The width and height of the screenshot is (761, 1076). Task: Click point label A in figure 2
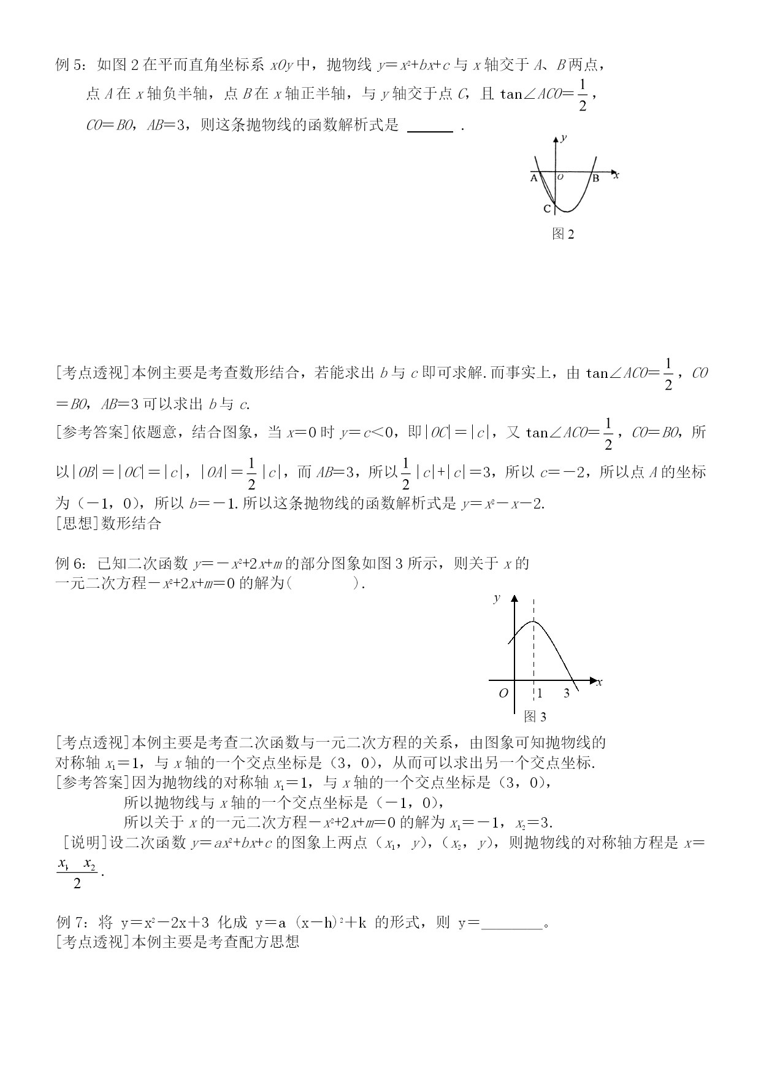pyautogui.click(x=533, y=179)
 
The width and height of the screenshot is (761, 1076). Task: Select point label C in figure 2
pyautogui.click(x=547, y=209)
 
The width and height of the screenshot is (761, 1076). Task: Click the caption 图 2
pyautogui.click(x=563, y=234)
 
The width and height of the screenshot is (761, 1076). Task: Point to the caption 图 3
pyautogui.click(x=535, y=717)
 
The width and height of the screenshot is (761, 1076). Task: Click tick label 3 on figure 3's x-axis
pyautogui.click(x=567, y=693)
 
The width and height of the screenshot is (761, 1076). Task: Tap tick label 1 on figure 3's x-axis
pyautogui.click(x=540, y=693)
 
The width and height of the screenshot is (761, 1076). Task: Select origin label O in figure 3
pyautogui.click(x=503, y=693)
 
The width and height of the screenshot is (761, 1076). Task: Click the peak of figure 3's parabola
pyautogui.click(x=533, y=622)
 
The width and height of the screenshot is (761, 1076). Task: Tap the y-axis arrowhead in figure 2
pyautogui.click(x=556, y=139)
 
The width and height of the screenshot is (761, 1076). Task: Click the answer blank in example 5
pyautogui.click(x=430, y=127)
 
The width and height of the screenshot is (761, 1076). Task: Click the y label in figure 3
pyautogui.click(x=497, y=598)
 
